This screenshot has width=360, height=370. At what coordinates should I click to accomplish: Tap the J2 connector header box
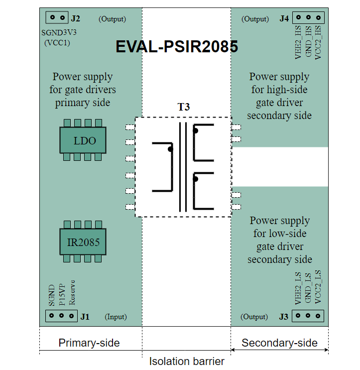click(57, 17)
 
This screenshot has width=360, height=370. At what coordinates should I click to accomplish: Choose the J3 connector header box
click(308, 316)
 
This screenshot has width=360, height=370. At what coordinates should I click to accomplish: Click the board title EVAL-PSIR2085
click(177, 47)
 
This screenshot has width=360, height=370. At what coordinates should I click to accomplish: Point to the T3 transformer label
click(184, 107)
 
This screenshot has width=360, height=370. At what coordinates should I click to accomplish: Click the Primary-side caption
click(89, 343)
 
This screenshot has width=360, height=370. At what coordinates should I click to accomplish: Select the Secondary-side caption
click(279, 343)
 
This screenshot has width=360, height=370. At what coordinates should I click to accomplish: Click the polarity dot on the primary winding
click(170, 149)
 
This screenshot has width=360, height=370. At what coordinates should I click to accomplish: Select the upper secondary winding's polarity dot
click(196, 131)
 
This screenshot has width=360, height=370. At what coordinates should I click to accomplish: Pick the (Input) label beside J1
click(116, 317)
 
